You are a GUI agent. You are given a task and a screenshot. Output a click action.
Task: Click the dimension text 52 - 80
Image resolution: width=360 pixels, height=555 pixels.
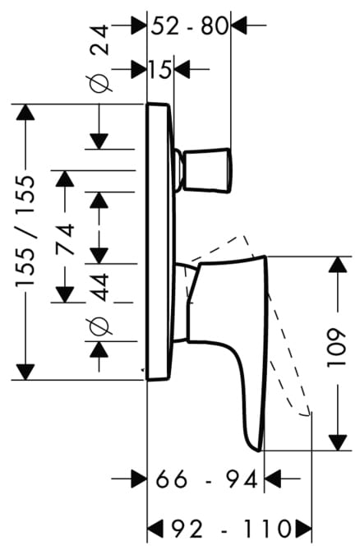pos(189,26)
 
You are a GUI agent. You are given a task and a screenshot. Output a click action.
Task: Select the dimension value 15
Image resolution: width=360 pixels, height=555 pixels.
pos(160,69)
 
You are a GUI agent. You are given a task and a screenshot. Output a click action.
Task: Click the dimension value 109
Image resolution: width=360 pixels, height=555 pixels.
pos(335,349)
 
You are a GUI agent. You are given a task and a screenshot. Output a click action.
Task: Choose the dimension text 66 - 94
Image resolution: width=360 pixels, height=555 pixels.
pos(207,480)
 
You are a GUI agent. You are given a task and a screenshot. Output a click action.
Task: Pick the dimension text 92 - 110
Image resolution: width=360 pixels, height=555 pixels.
pos(231,530)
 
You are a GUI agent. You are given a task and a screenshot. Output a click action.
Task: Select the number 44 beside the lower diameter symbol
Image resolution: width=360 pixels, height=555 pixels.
pos(99,287)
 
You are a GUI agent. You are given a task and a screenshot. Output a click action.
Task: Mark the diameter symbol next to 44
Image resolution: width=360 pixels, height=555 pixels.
pos(99,326)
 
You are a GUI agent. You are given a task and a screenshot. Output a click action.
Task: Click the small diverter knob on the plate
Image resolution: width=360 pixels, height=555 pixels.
pos(204,170)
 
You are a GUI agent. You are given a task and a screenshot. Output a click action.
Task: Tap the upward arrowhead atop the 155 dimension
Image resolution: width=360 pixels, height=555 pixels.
pos(25,112)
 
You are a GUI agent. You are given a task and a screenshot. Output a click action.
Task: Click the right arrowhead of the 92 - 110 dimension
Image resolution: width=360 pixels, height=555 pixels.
pos(304,530)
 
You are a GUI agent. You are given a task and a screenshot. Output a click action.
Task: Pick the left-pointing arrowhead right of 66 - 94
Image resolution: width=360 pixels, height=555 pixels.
pos(273,479)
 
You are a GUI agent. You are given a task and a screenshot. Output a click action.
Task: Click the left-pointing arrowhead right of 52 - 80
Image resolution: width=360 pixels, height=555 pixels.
pos(239,25)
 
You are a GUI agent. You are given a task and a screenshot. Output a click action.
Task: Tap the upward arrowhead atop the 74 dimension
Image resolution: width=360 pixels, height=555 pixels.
pos(65,178)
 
